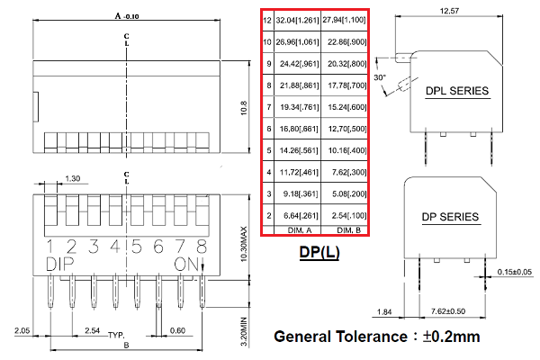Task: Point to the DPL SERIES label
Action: click(x=456, y=91)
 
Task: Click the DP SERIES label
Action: click(x=450, y=217)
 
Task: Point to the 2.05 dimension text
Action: click(x=24, y=331)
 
